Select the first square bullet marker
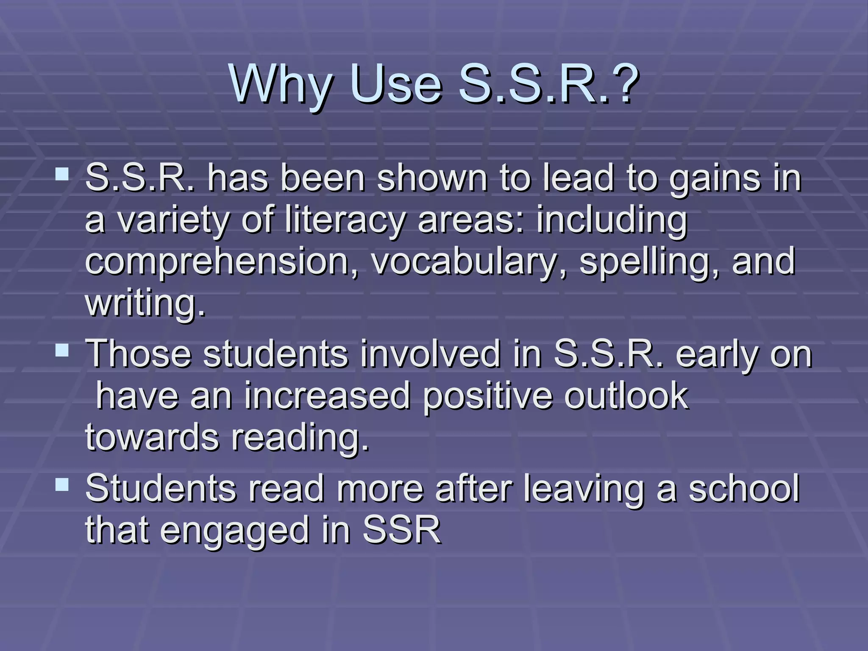point(62,174)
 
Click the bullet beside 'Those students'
point(62,350)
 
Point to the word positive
point(488,396)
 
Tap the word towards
point(152,437)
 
